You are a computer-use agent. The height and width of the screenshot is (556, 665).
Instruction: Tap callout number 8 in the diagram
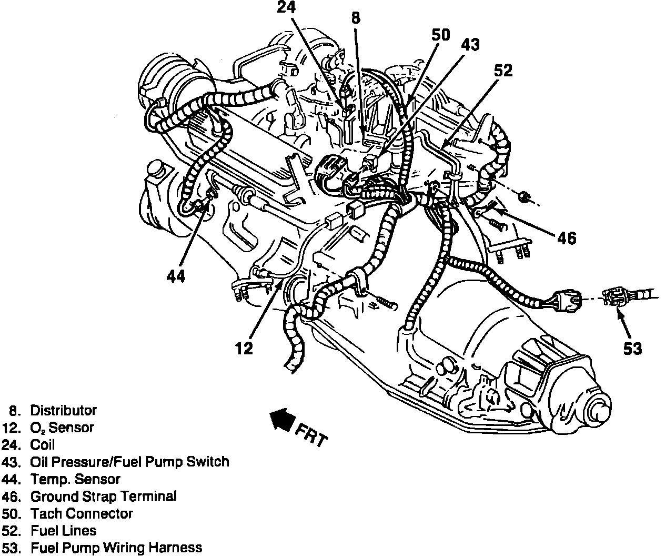point(356,18)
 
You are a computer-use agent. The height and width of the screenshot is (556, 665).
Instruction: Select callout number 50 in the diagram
point(441,35)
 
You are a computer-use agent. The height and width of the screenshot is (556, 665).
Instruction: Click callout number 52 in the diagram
point(502,71)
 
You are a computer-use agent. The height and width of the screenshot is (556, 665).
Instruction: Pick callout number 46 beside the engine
point(566,238)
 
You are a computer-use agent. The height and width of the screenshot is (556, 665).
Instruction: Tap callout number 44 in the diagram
point(176,276)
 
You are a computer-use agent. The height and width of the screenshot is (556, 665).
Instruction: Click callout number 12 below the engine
point(244,348)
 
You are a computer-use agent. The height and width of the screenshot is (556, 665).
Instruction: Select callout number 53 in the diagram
point(632,349)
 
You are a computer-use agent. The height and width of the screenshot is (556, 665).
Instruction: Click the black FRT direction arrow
point(282,419)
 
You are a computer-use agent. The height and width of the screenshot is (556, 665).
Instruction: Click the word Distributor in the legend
point(63,410)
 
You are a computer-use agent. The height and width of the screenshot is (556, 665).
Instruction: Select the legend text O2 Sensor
point(62,428)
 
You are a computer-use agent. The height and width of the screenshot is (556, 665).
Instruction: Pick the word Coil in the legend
point(42,445)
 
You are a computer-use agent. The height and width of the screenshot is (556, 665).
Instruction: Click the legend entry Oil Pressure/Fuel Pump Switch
point(129,462)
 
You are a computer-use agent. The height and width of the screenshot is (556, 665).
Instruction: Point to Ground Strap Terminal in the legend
point(103,496)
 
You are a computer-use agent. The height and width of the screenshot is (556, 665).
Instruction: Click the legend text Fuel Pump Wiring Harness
point(116,548)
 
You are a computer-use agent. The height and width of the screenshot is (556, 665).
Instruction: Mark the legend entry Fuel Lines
point(63,531)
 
